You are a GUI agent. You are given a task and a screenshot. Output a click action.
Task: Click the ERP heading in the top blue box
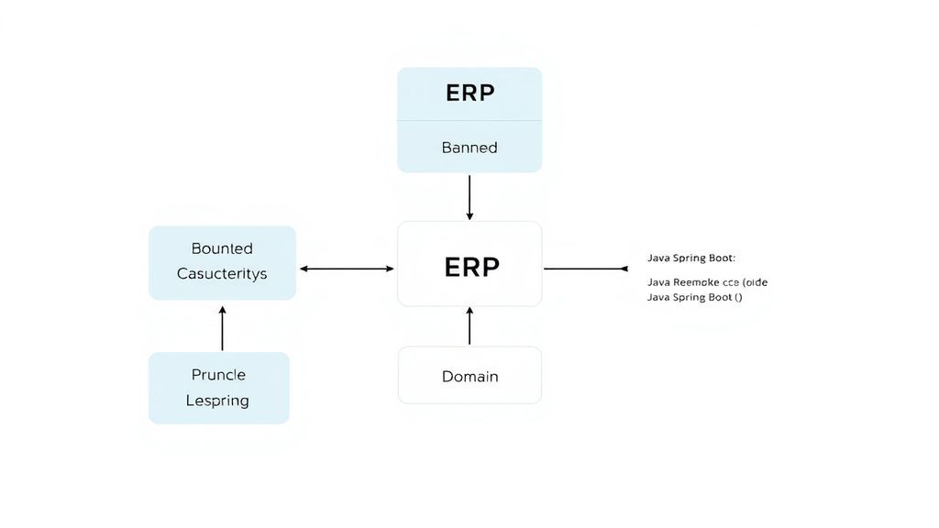(x=469, y=93)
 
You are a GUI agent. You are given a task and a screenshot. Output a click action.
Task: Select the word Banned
(x=469, y=148)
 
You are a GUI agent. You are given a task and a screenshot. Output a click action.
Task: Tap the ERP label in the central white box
(x=471, y=267)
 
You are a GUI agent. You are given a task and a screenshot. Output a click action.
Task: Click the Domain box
(x=469, y=376)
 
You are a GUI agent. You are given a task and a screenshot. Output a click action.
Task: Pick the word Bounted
(x=222, y=248)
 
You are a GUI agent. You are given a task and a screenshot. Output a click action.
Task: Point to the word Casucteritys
(x=222, y=273)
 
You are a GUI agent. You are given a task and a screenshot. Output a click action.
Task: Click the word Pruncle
(x=218, y=375)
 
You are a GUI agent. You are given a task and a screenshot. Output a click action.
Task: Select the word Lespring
(x=217, y=401)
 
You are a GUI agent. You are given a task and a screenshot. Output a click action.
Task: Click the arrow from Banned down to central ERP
(x=469, y=196)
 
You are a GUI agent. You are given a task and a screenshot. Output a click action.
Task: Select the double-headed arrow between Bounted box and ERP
(x=347, y=269)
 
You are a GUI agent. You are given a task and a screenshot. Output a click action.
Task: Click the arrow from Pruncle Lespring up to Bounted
(x=222, y=329)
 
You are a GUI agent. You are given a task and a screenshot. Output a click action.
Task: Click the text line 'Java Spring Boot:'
(x=690, y=258)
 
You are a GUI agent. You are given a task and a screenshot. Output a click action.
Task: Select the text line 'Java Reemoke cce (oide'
(x=707, y=282)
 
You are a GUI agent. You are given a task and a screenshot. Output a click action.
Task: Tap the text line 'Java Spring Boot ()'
(x=694, y=297)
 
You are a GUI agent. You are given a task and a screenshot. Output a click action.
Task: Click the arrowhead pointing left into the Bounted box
(x=304, y=269)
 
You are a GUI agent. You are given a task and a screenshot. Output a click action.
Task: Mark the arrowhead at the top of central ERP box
(x=469, y=216)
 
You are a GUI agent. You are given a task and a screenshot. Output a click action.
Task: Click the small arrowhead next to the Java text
(x=624, y=269)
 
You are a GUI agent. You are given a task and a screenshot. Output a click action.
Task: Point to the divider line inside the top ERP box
(x=469, y=120)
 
